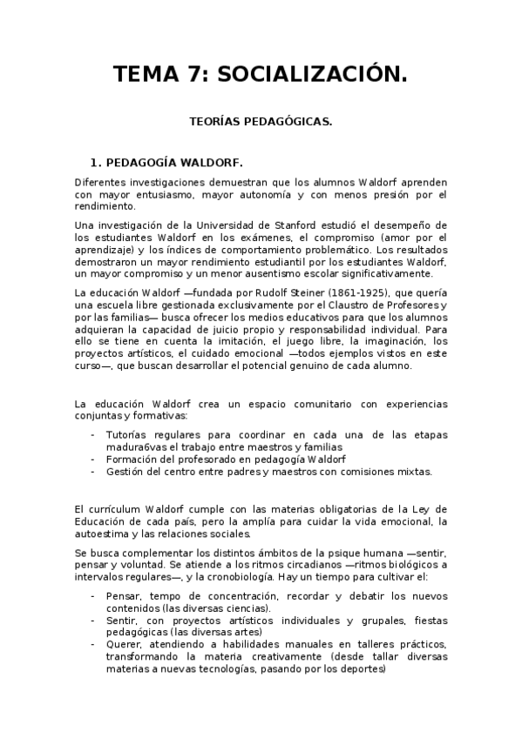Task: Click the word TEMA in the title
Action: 146,76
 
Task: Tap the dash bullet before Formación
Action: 92,459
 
